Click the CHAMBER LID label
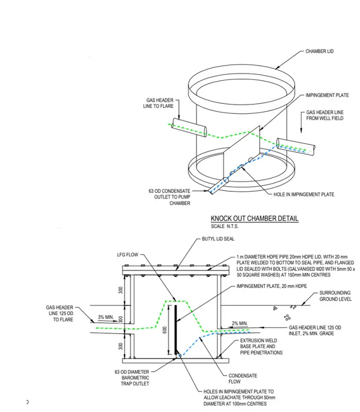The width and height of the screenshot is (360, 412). point(319,51)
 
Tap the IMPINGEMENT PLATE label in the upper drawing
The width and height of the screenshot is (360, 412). point(327,95)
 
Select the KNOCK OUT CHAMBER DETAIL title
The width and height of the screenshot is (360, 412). point(254,218)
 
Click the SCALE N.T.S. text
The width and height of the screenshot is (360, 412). point(225,226)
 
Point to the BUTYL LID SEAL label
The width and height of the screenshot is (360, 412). point(218,239)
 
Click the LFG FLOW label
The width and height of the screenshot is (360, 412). point(128,255)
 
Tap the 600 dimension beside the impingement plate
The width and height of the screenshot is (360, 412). point(165,330)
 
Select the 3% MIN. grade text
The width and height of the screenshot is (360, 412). point(106,317)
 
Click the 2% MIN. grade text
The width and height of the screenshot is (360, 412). point(240,324)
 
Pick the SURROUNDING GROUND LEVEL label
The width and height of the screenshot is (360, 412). point(335,296)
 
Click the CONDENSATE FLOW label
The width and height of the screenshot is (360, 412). point(242,379)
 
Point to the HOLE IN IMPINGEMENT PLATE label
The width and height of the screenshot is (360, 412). point(304,195)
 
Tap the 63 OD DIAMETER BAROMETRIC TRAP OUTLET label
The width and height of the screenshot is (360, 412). point(132,378)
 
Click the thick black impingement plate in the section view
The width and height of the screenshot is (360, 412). point(176,330)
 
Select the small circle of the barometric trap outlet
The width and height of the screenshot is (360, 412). point(178,356)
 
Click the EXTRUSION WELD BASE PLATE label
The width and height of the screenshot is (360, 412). point(261,347)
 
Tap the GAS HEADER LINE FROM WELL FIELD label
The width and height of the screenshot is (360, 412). point(325,115)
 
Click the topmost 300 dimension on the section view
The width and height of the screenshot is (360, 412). point(120,290)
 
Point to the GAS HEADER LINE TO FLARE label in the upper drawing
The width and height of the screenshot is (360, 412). point(158,103)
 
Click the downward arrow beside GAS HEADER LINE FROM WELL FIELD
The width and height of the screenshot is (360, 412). point(301,122)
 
